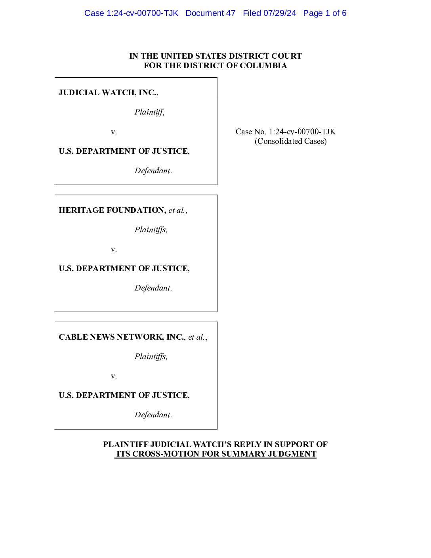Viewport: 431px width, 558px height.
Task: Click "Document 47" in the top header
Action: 210,13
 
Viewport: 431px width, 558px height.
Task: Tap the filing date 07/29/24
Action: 280,13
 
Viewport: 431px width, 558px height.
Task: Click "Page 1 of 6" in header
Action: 324,13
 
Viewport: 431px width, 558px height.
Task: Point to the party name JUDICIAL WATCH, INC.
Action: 107,92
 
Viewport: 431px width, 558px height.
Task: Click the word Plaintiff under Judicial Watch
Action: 149,112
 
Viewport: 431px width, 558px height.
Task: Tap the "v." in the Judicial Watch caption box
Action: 114,132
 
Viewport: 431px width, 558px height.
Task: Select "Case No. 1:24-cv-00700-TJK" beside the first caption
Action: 285,132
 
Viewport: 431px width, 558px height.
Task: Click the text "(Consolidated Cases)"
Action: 290,141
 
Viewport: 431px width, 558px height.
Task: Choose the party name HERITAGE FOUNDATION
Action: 112,210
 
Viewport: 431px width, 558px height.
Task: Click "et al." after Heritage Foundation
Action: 177,210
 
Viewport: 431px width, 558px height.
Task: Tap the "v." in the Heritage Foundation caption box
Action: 114,249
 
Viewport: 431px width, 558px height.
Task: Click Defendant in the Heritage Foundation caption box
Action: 153,288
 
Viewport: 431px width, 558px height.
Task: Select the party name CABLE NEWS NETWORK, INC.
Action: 121,337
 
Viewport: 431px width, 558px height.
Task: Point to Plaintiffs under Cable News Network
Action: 151,356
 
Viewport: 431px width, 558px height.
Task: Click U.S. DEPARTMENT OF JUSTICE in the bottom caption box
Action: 123,395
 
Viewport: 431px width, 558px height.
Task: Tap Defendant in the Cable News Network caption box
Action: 153,415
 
